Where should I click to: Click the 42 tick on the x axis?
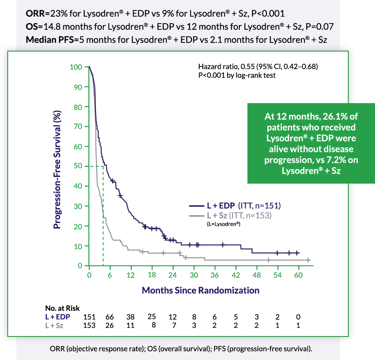tap(236, 275)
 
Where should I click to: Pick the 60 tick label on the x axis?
tap(298, 275)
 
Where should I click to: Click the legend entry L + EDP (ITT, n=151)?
tap(235, 206)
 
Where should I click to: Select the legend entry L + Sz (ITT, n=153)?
tap(235, 215)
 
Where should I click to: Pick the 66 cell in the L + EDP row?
tap(110, 317)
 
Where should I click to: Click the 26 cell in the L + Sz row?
tap(110, 325)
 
